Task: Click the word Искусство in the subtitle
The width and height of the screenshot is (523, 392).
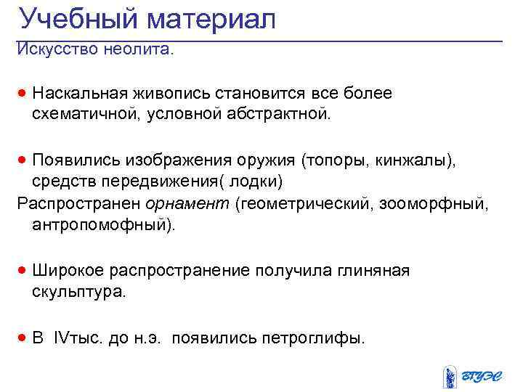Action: pos(58,51)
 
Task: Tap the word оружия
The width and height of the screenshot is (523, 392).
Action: pos(265,159)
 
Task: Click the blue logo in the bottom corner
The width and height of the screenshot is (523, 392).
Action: pos(472,376)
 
